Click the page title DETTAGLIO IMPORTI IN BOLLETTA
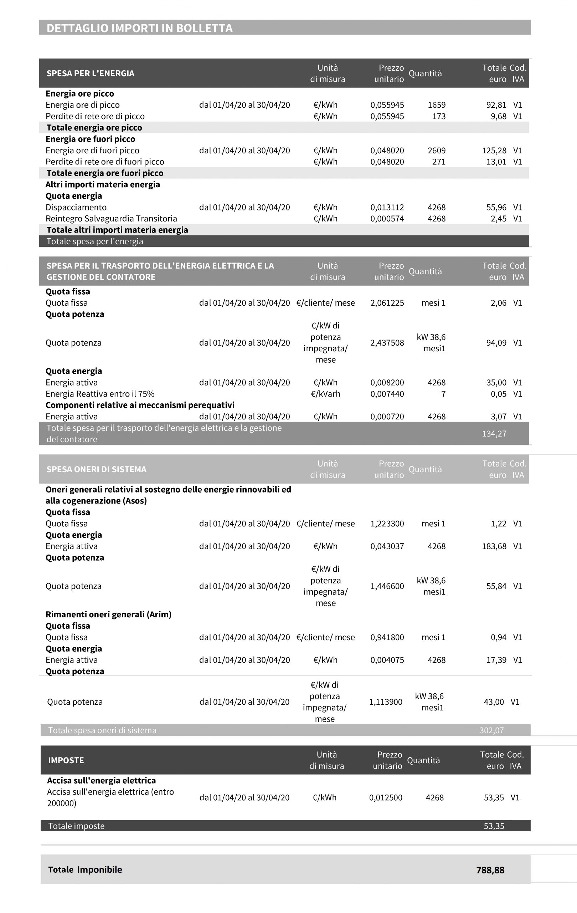tap(139, 29)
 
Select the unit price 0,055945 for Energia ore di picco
tap(387, 105)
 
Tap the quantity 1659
tap(437, 105)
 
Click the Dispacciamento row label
tap(76, 208)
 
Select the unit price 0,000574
tap(387, 219)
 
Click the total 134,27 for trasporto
tap(494, 434)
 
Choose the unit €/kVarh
tap(325, 394)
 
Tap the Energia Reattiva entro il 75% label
tap(100, 394)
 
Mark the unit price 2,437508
tap(387, 343)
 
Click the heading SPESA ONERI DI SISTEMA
tap(96, 469)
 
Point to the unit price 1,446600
tap(387, 586)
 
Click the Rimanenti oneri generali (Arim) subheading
tap(108, 614)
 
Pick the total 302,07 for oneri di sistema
tap(491, 731)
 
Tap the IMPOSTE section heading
tap(66, 761)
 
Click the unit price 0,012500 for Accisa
tap(385, 798)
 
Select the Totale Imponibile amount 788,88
tap(490, 870)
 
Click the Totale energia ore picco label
tap(94, 128)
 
